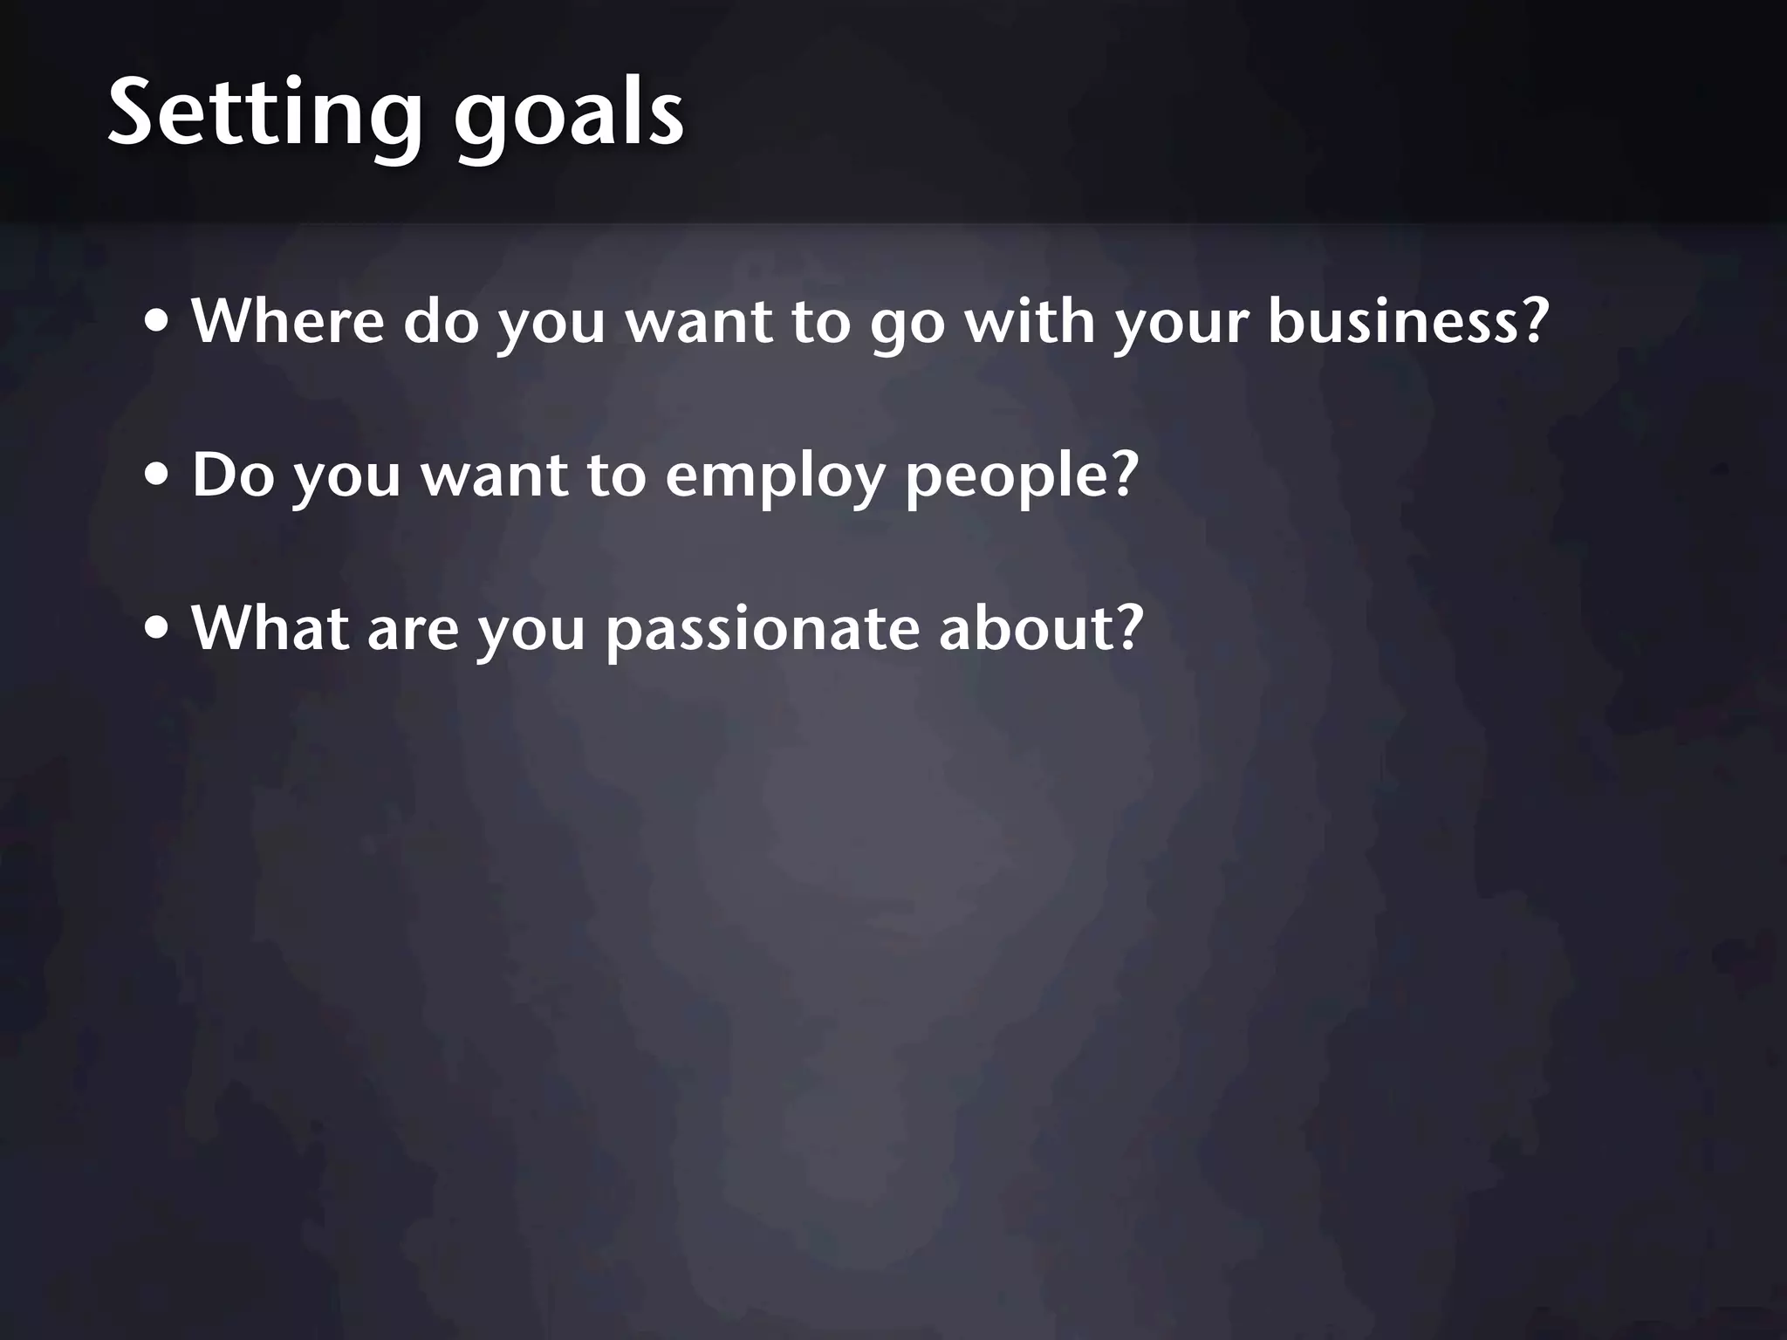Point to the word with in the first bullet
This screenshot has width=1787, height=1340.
click(x=1030, y=320)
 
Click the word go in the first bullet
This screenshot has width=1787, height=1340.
click(x=907, y=327)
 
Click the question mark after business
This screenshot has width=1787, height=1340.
click(x=1531, y=320)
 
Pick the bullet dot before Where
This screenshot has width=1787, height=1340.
click(x=157, y=324)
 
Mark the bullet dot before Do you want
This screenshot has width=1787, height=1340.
click(x=157, y=477)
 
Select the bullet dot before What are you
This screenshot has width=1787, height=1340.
click(x=157, y=630)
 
